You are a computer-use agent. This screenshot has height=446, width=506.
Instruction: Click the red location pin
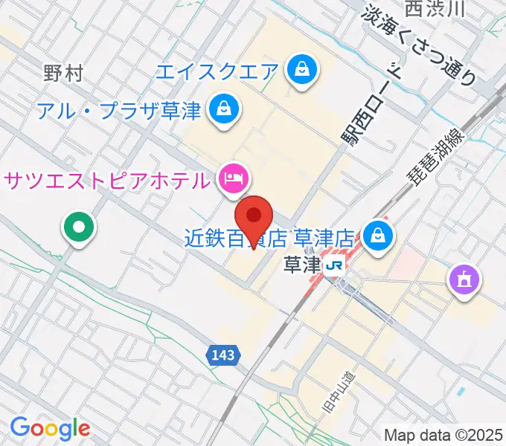pyautogui.click(x=254, y=217)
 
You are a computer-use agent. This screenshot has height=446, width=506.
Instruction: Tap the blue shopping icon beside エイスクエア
pyautogui.click(x=302, y=71)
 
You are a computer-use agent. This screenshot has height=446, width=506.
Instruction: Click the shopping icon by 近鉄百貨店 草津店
pyautogui.click(x=379, y=236)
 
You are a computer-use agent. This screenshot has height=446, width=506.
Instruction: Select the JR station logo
pyautogui.click(x=336, y=265)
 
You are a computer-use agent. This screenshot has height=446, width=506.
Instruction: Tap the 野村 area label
pyautogui.click(x=63, y=73)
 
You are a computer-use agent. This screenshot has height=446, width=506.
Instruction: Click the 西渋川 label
pyautogui.click(x=435, y=9)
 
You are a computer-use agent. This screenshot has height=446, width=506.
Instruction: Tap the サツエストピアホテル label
pyautogui.click(x=106, y=179)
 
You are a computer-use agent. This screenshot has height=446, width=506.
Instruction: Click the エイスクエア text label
pyautogui.click(x=217, y=72)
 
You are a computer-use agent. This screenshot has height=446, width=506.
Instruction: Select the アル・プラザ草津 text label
pyautogui.click(x=119, y=111)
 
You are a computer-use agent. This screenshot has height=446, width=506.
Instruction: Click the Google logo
pyautogui.click(x=50, y=428)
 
